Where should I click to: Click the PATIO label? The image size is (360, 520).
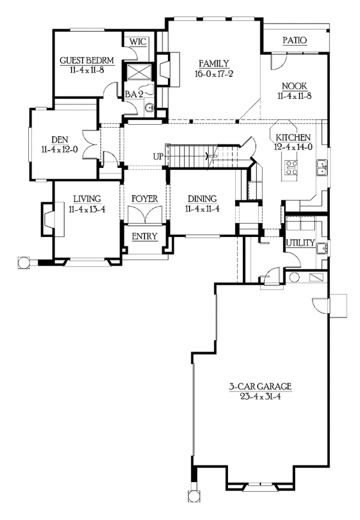click(x=295, y=40)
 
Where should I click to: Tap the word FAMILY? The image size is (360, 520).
click(x=213, y=63)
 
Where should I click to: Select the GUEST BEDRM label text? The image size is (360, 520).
click(x=83, y=61)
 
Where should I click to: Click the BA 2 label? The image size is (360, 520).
click(x=133, y=94)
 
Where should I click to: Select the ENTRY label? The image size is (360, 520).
click(x=144, y=236)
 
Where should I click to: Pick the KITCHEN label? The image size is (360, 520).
click(x=293, y=137)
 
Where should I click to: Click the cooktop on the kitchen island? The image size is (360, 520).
click(x=292, y=167)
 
